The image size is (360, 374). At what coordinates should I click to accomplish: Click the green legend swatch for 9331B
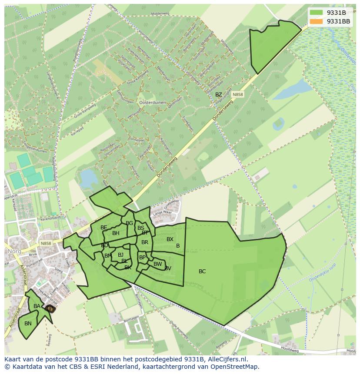[317, 13]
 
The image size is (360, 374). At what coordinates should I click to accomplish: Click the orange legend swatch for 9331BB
[317, 21]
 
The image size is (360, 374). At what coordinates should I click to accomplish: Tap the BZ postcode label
[218, 95]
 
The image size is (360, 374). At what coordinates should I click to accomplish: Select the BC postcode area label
[202, 271]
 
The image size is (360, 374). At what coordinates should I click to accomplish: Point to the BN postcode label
[28, 324]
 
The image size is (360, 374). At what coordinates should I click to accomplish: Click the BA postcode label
[37, 306]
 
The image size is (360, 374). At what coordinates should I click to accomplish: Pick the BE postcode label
[103, 228]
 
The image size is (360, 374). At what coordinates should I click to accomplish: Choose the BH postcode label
[116, 233]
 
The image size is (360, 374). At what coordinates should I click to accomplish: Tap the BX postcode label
[170, 239]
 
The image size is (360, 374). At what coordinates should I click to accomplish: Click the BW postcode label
[157, 264]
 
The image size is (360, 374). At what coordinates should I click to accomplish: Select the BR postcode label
[145, 242]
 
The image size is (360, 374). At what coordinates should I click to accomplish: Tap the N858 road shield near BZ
[237, 94]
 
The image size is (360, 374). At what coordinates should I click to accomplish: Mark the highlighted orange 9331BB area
[50, 309]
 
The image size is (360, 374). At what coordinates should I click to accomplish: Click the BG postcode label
[129, 223]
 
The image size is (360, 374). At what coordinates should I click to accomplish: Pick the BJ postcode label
[120, 255]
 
